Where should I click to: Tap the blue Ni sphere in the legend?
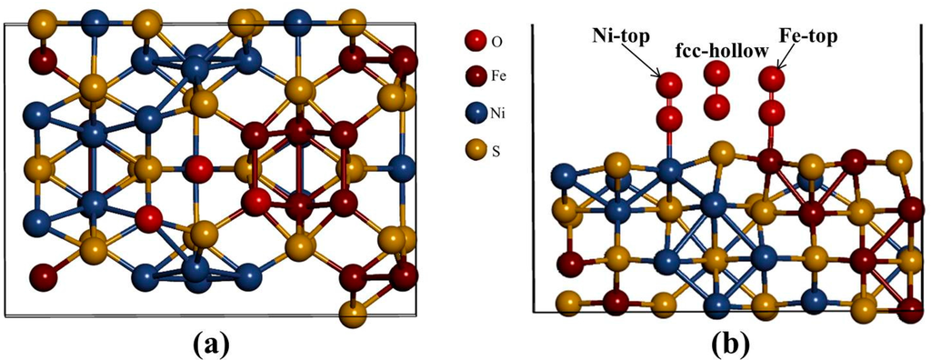pyautogui.click(x=473, y=115)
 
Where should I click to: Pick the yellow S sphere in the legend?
pyautogui.click(x=473, y=149)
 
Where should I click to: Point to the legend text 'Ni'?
pyautogui.click(x=499, y=115)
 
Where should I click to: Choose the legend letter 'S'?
pyautogui.click(x=496, y=149)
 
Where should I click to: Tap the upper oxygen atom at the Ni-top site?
pyautogui.click(x=670, y=85)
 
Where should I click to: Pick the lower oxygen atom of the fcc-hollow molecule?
pyautogui.click(x=717, y=106)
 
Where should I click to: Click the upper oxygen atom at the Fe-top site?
pyautogui.click(x=772, y=79)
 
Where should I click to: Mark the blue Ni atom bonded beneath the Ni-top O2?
pyautogui.click(x=670, y=171)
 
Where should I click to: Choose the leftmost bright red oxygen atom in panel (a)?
pyautogui.click(x=148, y=218)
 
